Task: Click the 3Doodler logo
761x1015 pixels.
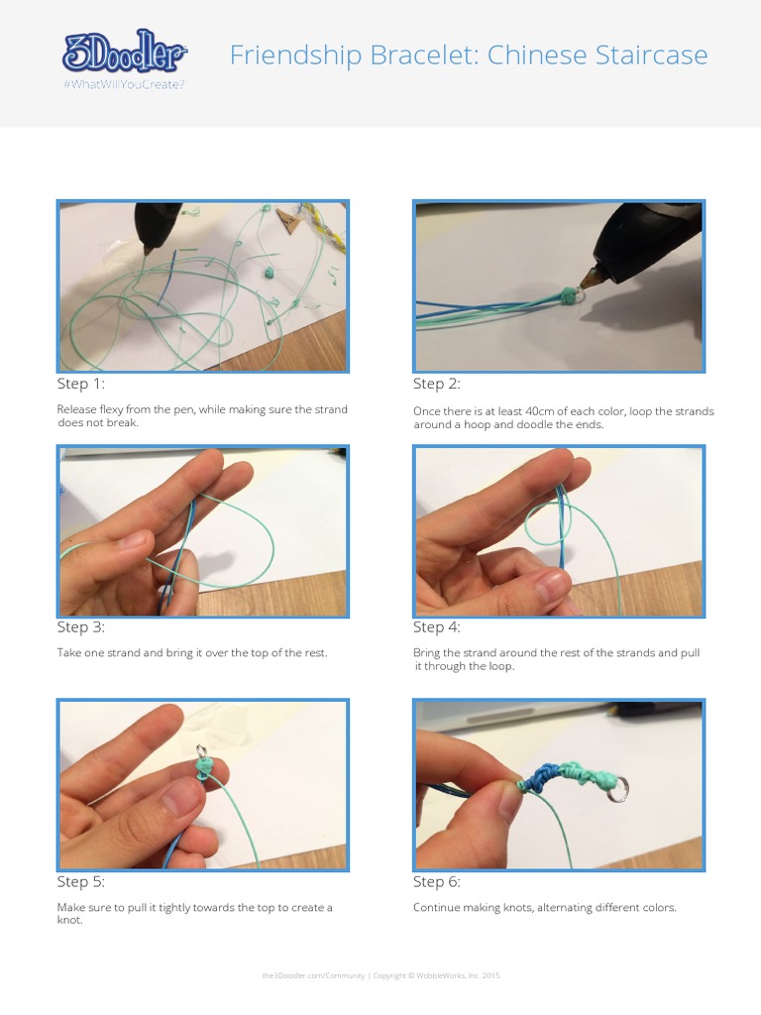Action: (124, 52)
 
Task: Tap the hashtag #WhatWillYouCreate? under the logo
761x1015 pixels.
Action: (124, 84)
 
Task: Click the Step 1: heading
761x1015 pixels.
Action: (80, 384)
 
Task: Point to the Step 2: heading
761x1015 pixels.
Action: (437, 384)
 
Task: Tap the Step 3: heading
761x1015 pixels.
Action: (80, 626)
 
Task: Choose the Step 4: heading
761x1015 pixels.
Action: (437, 626)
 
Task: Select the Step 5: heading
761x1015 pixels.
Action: (80, 881)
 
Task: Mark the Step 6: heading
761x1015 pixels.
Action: (437, 881)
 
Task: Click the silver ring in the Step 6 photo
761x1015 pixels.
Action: (616, 789)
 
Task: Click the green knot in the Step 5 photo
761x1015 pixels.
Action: (204, 768)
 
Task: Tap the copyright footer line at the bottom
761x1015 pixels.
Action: (380, 975)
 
